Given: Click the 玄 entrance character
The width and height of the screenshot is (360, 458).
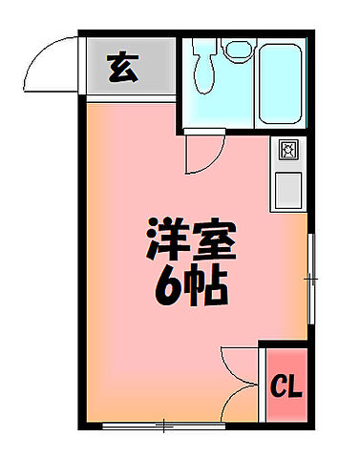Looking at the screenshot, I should (121, 70).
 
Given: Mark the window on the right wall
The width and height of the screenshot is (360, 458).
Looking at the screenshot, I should (310, 278).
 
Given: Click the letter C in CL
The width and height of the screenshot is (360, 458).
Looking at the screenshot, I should (274, 387).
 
